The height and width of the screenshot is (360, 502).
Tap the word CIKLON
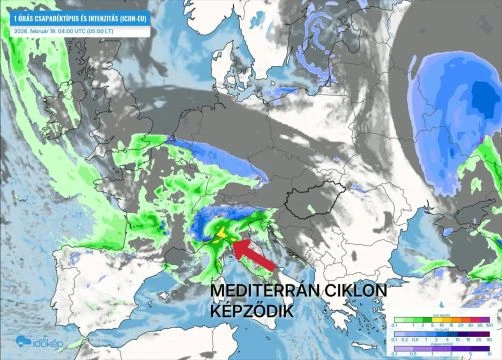[358, 291]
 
